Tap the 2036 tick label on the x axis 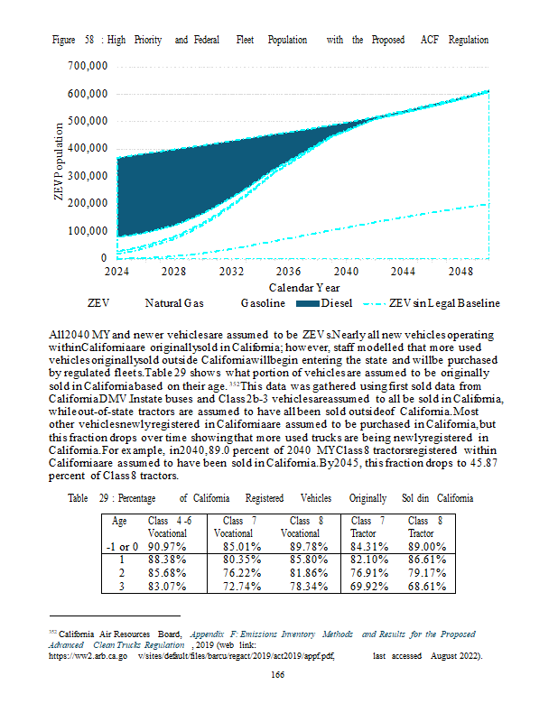(x=289, y=271)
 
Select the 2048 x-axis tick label (x=460, y=271)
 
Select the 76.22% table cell (x=232, y=573)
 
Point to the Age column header (x=118, y=521)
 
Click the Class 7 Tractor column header (x=367, y=527)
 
